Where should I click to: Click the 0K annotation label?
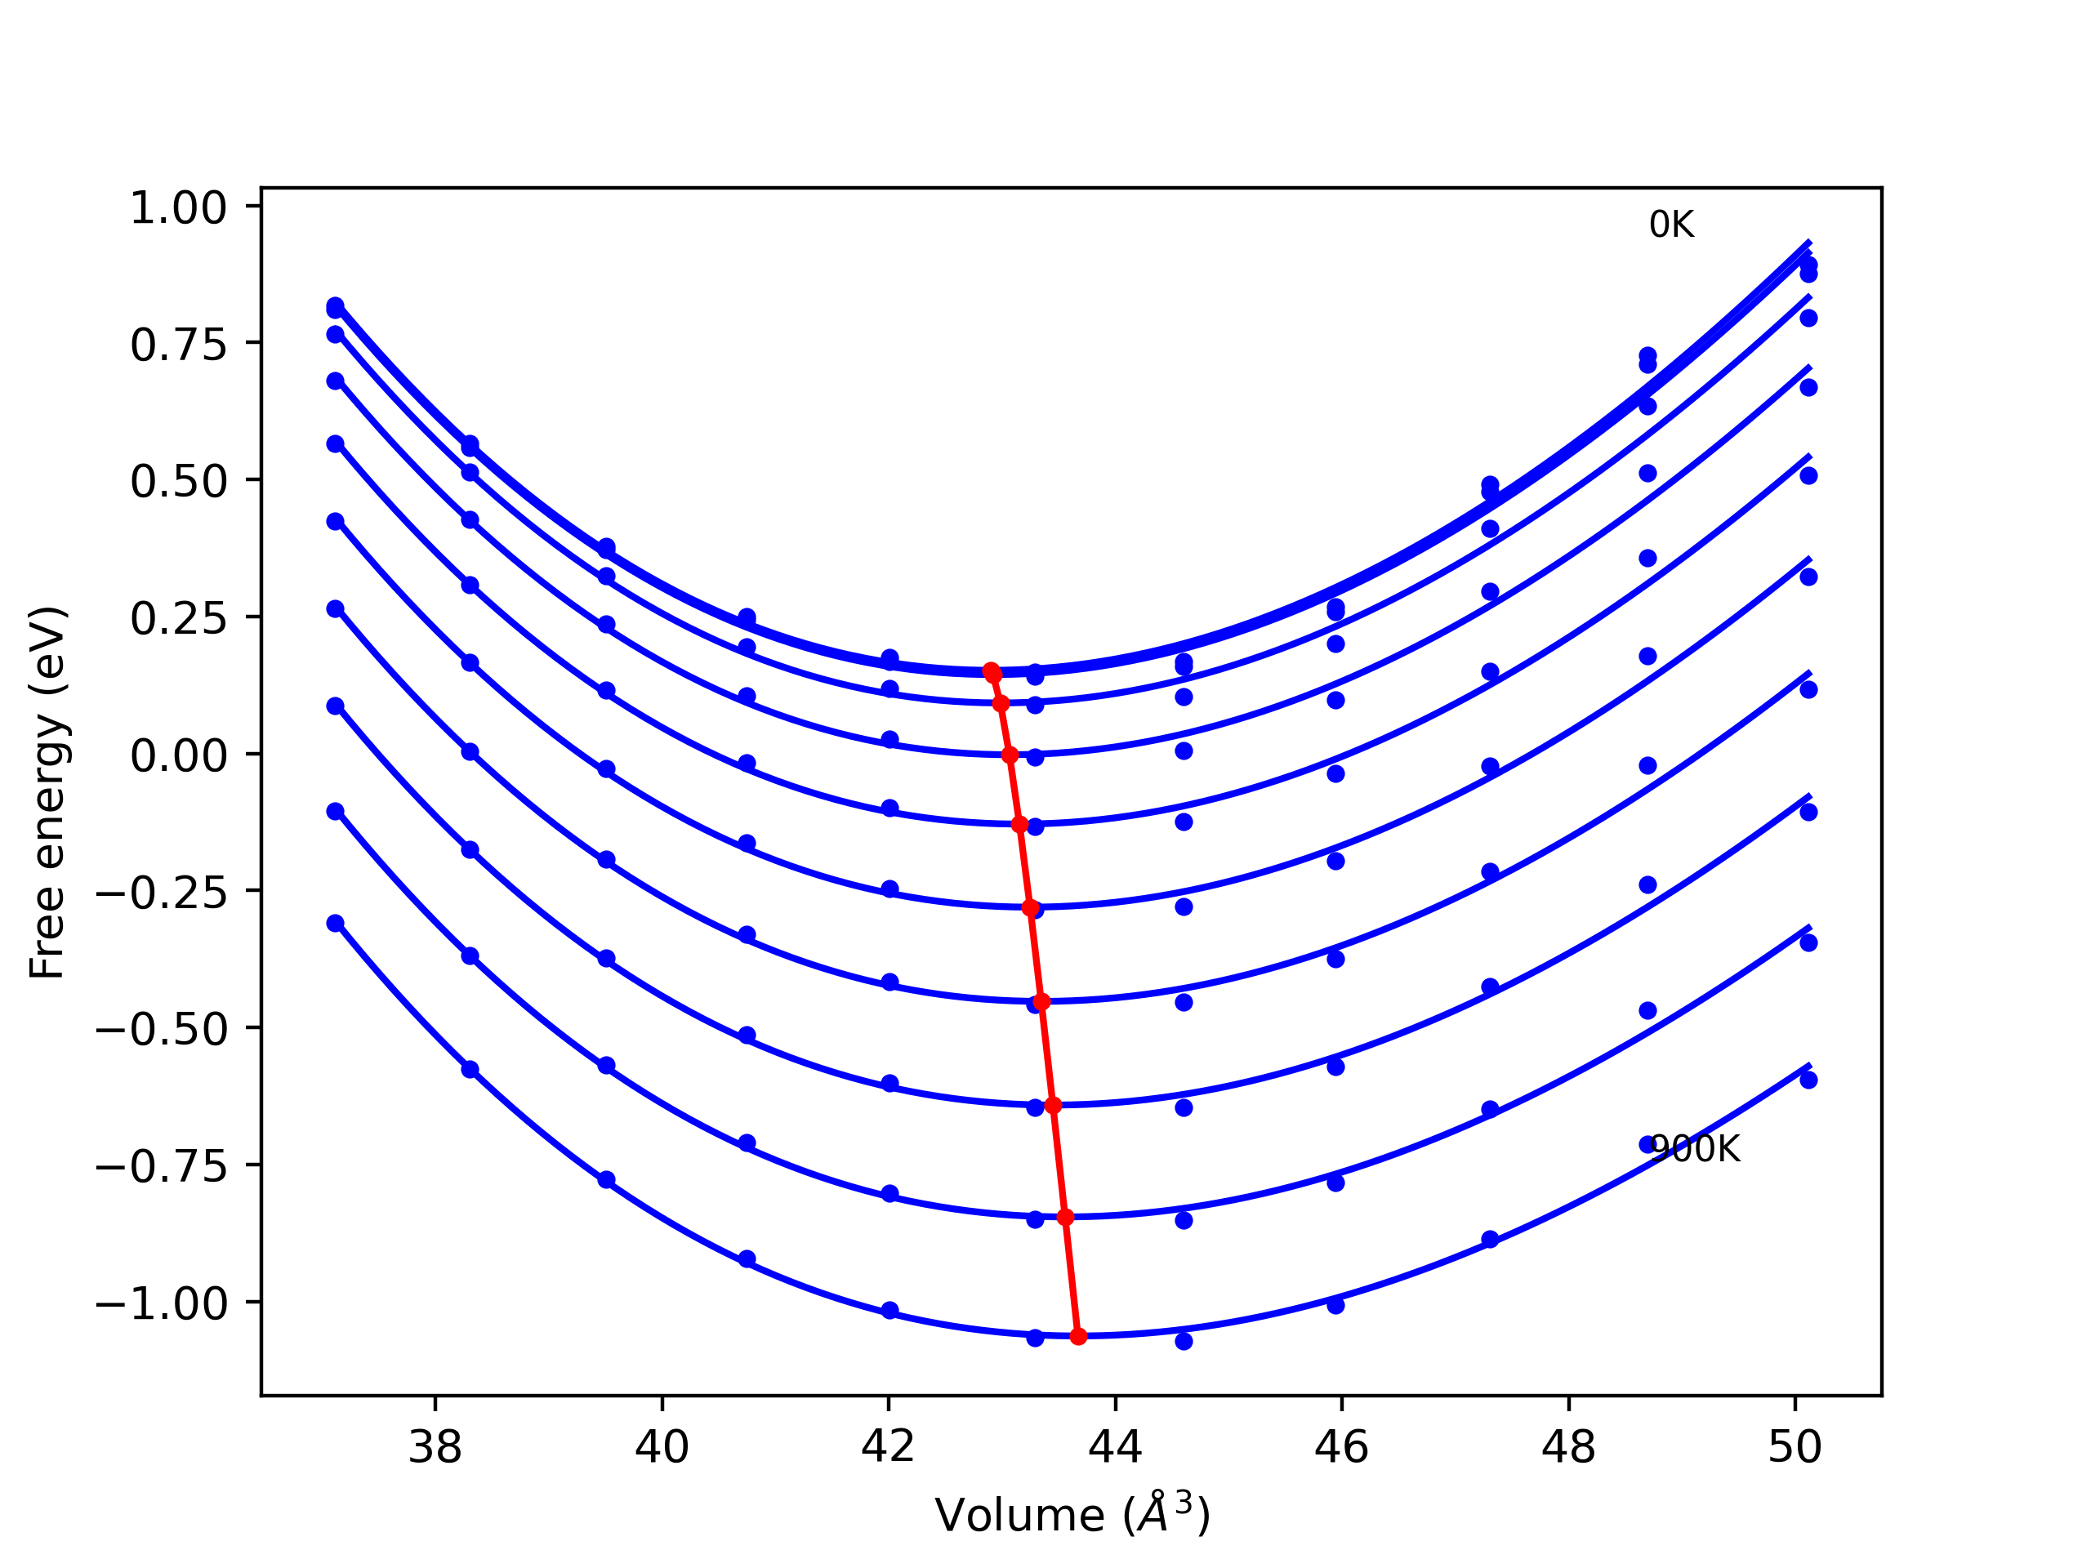(x=1670, y=225)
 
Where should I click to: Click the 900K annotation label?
(x=1694, y=1149)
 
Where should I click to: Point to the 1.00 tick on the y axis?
(x=178, y=208)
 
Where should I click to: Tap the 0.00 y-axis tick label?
(x=178, y=756)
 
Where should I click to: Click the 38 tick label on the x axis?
(x=435, y=1447)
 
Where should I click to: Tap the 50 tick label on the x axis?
(x=1795, y=1447)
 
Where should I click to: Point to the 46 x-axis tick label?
(x=1341, y=1447)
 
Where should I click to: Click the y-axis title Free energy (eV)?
(x=47, y=792)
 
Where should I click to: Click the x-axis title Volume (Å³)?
(x=1072, y=1515)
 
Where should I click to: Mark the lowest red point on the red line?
(x=1077, y=1335)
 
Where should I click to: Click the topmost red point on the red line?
(x=991, y=670)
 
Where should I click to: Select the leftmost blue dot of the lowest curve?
(x=336, y=923)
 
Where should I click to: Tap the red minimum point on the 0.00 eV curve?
(x=1010, y=755)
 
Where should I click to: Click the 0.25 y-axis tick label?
(x=178, y=619)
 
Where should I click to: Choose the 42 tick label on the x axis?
(x=888, y=1447)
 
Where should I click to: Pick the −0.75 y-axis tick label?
(x=161, y=1167)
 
